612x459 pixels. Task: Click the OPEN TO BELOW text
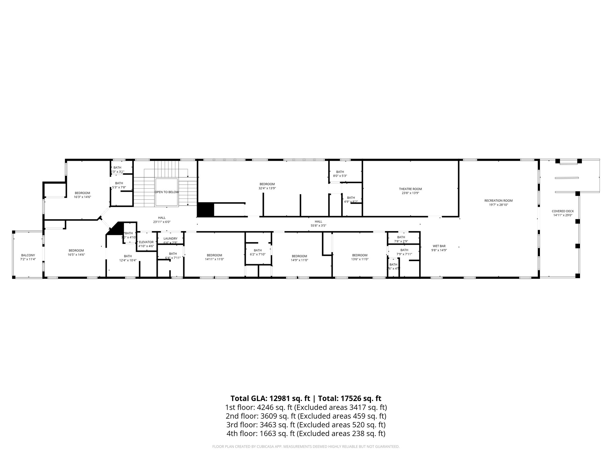point(166,192)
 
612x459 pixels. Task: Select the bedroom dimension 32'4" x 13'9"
point(267,188)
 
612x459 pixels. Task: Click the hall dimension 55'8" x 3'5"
point(318,226)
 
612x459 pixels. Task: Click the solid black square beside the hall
point(206,209)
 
